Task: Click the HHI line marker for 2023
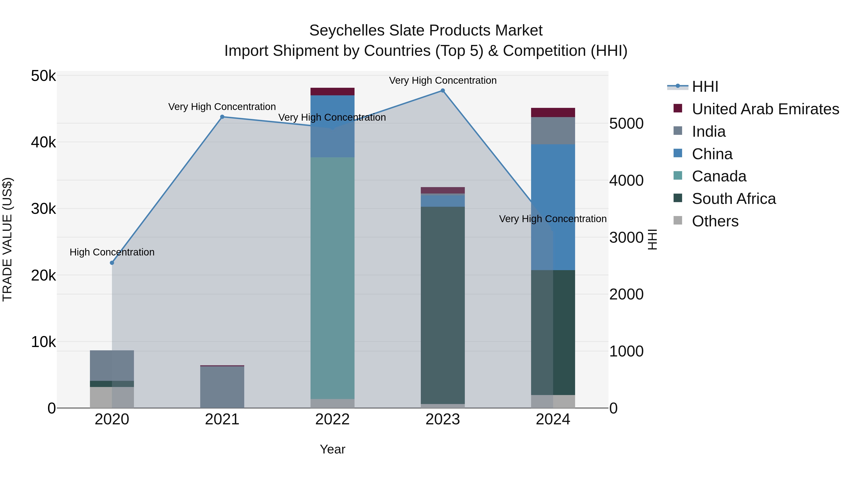[x=443, y=91]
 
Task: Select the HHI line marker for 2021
[x=222, y=117]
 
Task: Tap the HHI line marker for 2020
[x=112, y=263]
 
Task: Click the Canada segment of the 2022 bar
[x=333, y=278]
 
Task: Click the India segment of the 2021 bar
[x=222, y=387]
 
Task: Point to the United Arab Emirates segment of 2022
[x=333, y=92]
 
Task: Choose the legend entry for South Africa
[x=734, y=199]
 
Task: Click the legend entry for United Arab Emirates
[x=765, y=109]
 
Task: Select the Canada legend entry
[x=719, y=176]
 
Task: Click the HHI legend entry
[x=705, y=87]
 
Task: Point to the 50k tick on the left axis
[x=43, y=76]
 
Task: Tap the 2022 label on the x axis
[x=333, y=419]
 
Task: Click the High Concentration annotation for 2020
[x=112, y=252]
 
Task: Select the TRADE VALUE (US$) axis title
[x=7, y=239]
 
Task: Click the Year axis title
[x=333, y=449]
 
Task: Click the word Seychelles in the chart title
[x=347, y=31]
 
